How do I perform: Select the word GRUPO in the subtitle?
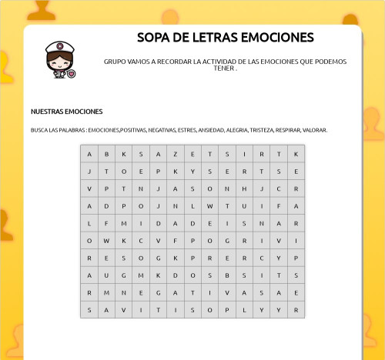coord(114,62)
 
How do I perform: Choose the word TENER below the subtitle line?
coord(223,68)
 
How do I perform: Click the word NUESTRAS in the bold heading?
coord(47,112)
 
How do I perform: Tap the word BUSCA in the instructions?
coord(39,130)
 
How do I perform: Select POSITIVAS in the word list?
coord(135,130)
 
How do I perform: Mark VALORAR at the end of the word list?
coord(316,130)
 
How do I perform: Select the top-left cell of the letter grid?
coord(89,153)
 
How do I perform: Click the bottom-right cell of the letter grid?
coord(296,310)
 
